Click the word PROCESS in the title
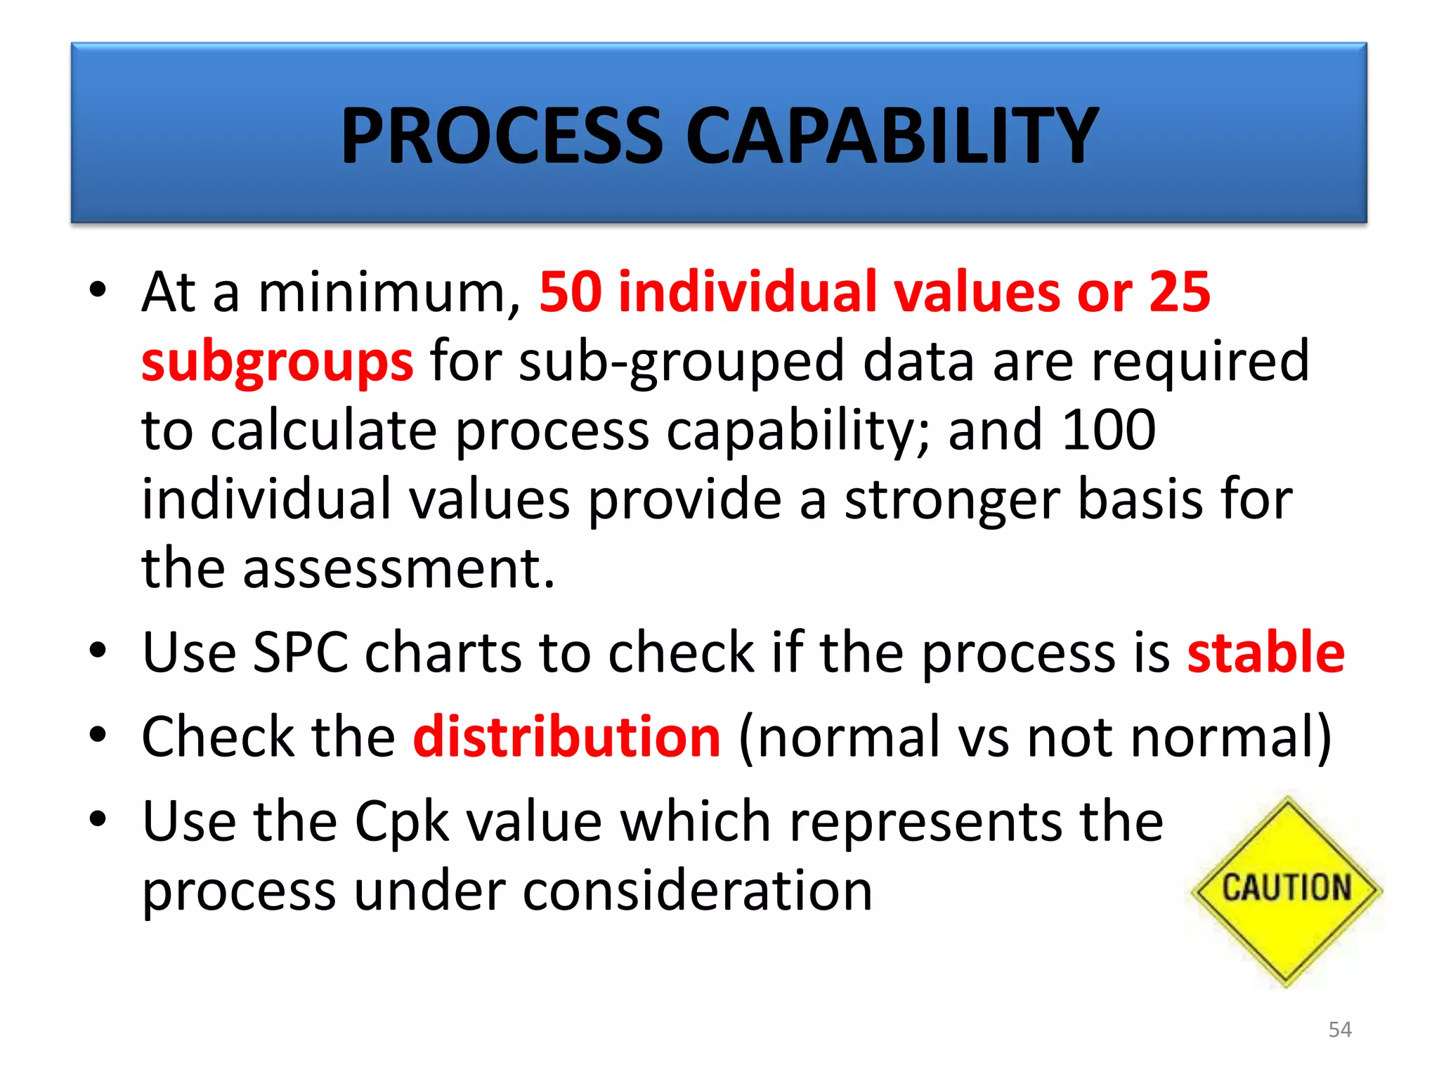(502, 136)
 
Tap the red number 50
(571, 292)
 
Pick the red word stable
(1265, 653)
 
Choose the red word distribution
(566, 737)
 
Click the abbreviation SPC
(300, 653)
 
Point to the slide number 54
(1340, 1030)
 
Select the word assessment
(398, 568)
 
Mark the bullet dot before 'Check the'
(98, 735)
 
